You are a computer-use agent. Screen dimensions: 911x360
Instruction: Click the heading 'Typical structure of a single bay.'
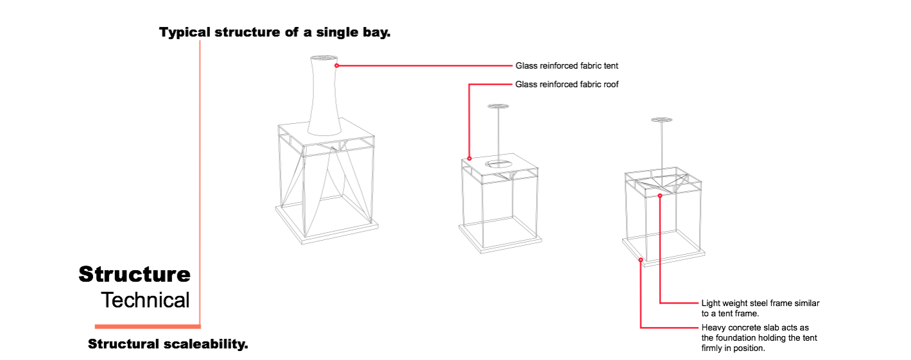point(275,32)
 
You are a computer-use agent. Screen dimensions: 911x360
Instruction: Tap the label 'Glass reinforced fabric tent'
point(566,65)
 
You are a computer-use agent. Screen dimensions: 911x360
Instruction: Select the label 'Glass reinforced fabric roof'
point(566,84)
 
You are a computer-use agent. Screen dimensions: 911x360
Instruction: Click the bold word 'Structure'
point(134,274)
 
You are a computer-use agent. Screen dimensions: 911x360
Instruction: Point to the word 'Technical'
point(145,300)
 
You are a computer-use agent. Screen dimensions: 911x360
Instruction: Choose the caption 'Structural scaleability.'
point(168,344)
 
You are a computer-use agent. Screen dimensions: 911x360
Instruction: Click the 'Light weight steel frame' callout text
point(760,308)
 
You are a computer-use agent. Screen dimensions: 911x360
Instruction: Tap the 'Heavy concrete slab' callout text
point(759,338)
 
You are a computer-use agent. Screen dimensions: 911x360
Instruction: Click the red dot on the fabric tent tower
point(337,65)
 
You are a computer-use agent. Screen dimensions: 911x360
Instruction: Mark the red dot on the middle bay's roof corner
point(469,159)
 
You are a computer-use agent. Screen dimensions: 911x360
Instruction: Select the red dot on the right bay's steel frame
point(660,196)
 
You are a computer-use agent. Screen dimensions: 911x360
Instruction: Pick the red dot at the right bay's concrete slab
point(641,260)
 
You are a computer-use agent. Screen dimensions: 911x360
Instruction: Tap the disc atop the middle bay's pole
point(498,107)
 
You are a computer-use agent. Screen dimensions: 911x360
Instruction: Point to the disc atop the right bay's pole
point(661,120)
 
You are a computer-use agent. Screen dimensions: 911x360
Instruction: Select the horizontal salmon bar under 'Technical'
point(148,326)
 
